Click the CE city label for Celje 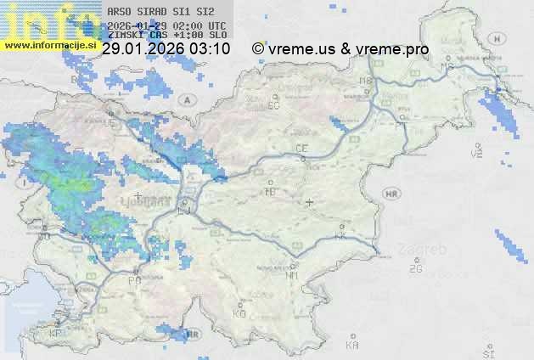[x=301, y=149]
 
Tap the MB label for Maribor [x=367, y=81]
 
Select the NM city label [x=292, y=276]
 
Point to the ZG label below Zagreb [x=415, y=269]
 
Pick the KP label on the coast [x=56, y=334]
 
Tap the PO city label [x=133, y=279]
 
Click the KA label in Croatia [x=352, y=345]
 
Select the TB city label [x=271, y=192]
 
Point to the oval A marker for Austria [x=185, y=99]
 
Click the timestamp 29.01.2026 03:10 [x=166, y=49]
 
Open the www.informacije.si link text [x=48, y=44]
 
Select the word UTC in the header [x=216, y=25]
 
